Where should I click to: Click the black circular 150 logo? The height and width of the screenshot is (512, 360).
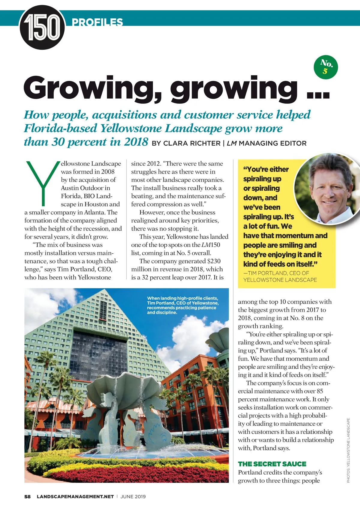pyautogui.click(x=42, y=28)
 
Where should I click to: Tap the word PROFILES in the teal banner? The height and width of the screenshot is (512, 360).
pyautogui.click(x=97, y=22)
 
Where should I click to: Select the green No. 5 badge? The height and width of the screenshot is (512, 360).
pyautogui.click(x=326, y=67)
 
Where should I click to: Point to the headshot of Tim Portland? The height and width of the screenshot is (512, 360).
pyautogui.click(x=327, y=187)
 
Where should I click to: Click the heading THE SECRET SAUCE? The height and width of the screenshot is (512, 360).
pyautogui.click(x=272, y=464)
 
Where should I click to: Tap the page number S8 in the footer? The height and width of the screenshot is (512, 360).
pyautogui.click(x=27, y=496)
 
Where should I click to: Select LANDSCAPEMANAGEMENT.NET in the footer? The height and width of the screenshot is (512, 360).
pyautogui.click(x=75, y=496)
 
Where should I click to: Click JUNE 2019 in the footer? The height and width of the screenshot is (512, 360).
pyautogui.click(x=133, y=496)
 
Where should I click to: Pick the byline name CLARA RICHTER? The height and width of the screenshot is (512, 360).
pyautogui.click(x=192, y=143)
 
